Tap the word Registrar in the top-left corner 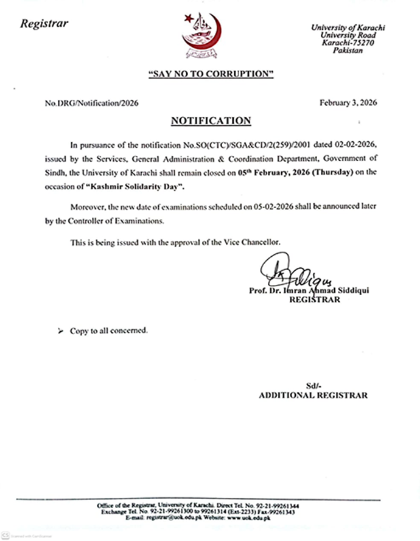coord(44,24)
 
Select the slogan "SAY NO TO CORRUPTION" coord(211,74)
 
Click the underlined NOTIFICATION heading coord(211,120)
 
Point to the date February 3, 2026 coord(348,103)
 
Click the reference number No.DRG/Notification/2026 coord(91,103)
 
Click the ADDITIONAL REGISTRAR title coord(313,395)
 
